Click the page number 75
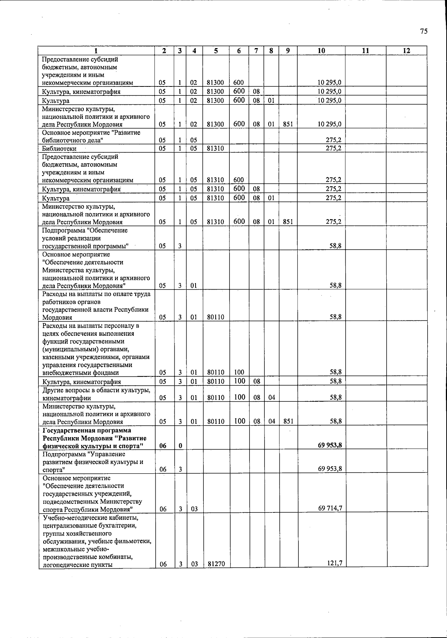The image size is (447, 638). coord(424,31)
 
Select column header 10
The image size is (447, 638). coord(321,51)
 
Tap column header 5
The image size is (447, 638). coord(216,51)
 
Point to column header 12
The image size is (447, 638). coord(406,51)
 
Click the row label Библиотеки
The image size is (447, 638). coord(59,149)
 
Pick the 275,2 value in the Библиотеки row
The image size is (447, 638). coord(333,148)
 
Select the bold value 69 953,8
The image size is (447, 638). coord(330,445)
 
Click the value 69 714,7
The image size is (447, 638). coord(330,508)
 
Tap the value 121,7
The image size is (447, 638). coord(335,563)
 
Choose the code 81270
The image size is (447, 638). coord(216,564)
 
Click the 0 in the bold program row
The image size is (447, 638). coord(180,446)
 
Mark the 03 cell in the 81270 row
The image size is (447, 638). coord(194,564)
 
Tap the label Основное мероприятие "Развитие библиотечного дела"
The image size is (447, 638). coord(91,136)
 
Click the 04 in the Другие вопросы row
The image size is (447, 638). coord(272,398)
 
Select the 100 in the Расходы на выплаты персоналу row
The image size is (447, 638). coord(239,372)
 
